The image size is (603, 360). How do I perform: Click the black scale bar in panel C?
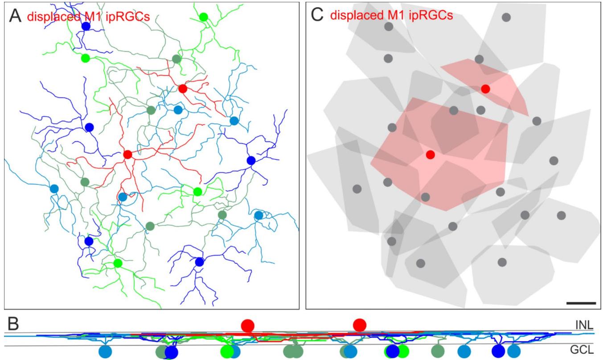coord(581,303)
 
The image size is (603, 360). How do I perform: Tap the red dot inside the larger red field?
coord(430,155)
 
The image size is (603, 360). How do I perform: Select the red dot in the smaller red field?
coord(486,89)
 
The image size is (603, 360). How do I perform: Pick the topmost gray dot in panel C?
coord(506,17)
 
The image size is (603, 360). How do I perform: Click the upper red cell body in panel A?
coord(183,88)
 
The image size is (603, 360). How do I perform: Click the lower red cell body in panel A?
coord(127,155)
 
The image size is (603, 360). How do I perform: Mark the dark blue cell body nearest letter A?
coord(86,27)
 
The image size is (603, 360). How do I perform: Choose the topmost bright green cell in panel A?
coord(203,17)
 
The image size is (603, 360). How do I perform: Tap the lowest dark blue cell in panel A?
coord(199,262)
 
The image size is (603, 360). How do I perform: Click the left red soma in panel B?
coord(247,325)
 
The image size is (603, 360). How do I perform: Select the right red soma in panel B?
coord(359,325)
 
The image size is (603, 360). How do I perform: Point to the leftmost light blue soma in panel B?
coord(105,352)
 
